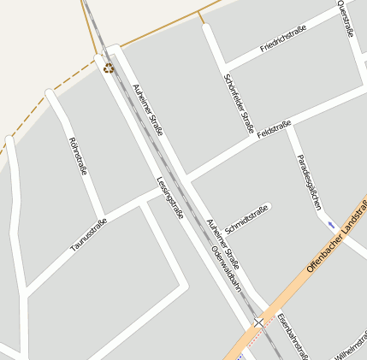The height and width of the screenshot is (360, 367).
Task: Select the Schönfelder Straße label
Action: click(240, 102)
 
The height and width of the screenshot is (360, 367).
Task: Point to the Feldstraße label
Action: click(275, 129)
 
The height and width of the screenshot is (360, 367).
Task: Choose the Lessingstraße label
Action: click(170, 197)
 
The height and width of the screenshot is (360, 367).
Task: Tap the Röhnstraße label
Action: click(78, 156)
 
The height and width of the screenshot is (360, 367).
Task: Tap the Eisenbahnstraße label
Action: click(291, 335)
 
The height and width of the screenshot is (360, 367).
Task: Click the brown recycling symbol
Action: click(109, 68)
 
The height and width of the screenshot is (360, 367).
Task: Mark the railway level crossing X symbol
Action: click(258, 322)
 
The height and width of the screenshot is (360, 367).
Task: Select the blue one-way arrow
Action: click(331, 225)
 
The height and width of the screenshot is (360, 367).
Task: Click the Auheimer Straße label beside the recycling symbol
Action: click(148, 109)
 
